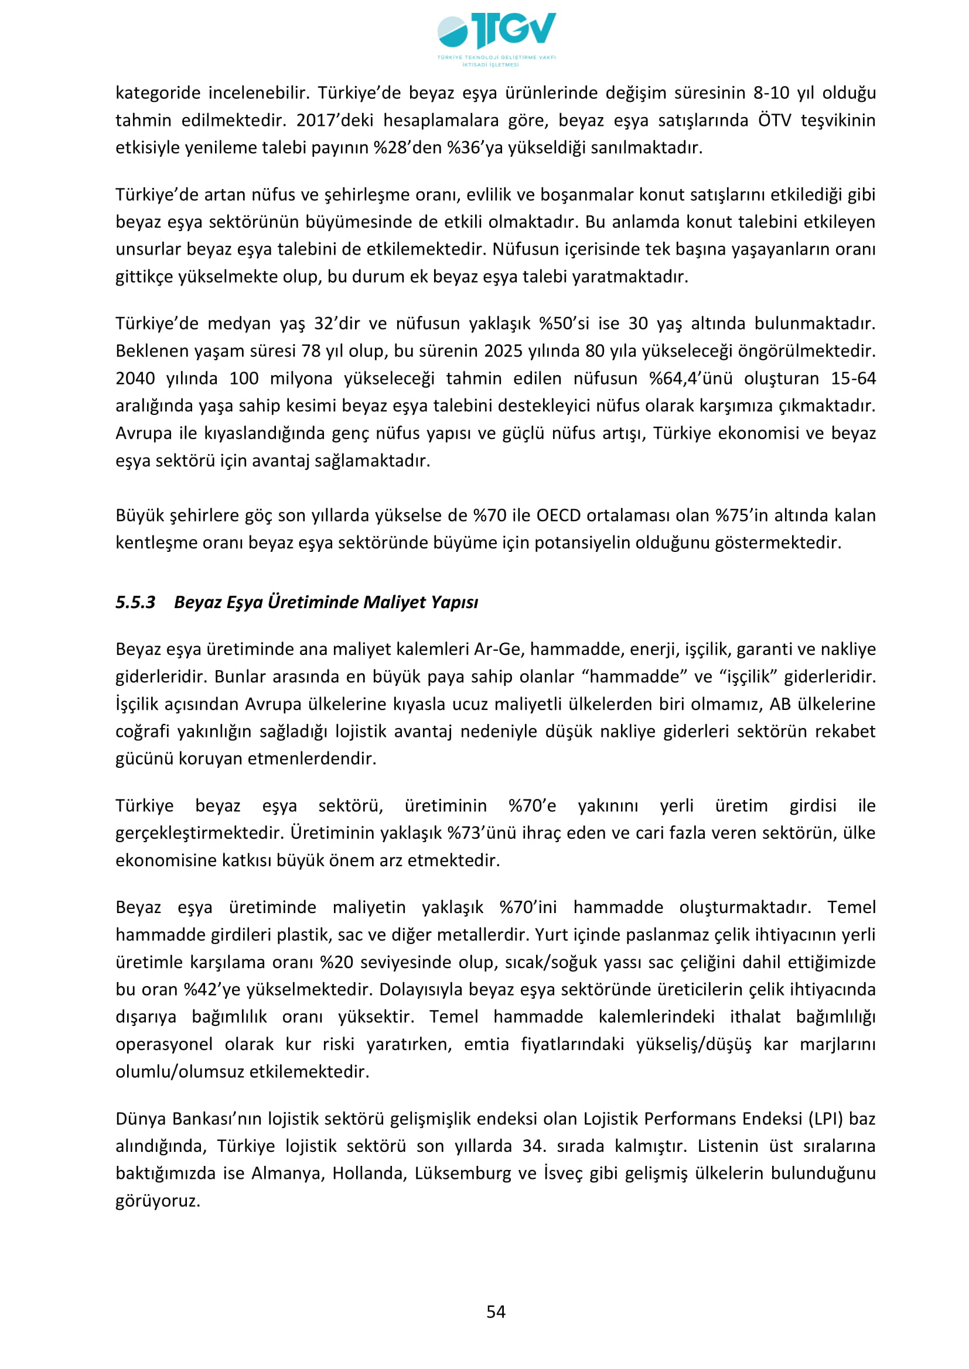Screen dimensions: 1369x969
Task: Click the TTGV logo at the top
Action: pos(496,37)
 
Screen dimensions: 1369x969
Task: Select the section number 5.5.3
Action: pos(135,602)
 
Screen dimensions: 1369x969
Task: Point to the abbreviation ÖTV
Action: pos(774,120)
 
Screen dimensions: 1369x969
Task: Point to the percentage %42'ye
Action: pos(209,989)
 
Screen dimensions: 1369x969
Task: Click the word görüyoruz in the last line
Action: pos(158,1201)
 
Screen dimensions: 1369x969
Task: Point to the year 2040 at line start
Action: pos(135,378)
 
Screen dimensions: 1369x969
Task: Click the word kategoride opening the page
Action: pos(158,92)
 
